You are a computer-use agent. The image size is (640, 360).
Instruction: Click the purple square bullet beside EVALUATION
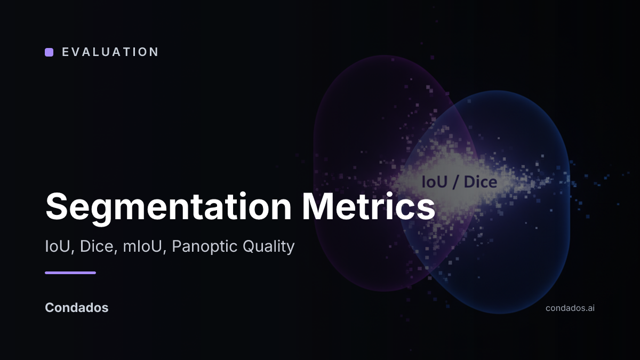49,52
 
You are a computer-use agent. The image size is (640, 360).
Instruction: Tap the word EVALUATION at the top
110,52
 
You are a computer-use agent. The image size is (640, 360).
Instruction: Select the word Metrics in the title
369,206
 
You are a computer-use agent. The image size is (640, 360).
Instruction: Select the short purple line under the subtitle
70,273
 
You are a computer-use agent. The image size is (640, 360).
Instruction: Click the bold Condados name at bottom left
77,308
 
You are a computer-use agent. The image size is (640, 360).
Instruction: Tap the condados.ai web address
570,308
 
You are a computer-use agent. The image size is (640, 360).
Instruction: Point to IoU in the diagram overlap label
434,182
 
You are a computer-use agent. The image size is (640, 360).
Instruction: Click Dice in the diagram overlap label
481,182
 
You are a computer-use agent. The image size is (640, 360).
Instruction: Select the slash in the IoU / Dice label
455,182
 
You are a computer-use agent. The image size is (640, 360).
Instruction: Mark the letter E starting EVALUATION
66,52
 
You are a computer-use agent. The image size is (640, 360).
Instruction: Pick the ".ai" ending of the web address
589,308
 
